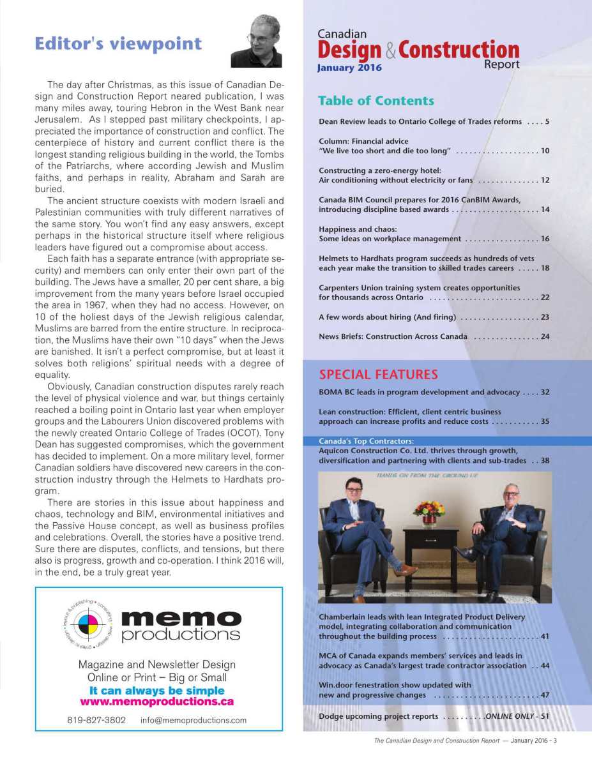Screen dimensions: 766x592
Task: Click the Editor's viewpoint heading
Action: coord(118,44)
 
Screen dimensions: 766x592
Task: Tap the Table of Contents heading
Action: coord(376,101)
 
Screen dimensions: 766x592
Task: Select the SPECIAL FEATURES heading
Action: coord(378,375)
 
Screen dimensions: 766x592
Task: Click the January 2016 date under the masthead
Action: coord(349,68)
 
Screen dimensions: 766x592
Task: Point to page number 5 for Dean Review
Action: coord(547,121)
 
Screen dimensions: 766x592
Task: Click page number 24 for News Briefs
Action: coord(545,336)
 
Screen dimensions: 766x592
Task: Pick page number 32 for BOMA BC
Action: coord(545,392)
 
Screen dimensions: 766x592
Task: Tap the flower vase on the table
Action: coord(429,513)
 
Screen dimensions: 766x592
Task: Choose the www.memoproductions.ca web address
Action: coord(156,702)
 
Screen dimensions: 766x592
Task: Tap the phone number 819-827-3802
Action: coord(96,720)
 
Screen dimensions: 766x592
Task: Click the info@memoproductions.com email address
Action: coord(194,720)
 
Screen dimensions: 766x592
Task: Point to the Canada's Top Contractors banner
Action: coord(367,440)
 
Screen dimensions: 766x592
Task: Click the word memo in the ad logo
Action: coord(181,618)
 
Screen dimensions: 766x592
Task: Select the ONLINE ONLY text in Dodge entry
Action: coord(509,716)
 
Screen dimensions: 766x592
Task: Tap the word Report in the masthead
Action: coord(501,64)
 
